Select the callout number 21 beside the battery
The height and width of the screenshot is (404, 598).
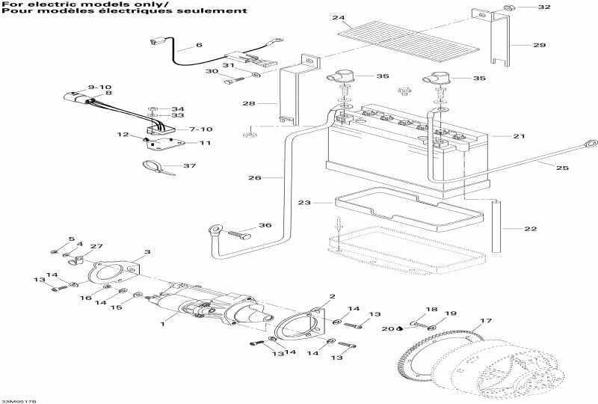pyautogui.click(x=519, y=137)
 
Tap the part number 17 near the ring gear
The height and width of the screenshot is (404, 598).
pyautogui.click(x=487, y=322)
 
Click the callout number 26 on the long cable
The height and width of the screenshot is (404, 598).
pyautogui.click(x=255, y=178)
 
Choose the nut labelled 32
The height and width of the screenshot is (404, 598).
pyautogui.click(x=508, y=8)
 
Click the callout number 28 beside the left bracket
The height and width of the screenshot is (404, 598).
pyautogui.click(x=249, y=102)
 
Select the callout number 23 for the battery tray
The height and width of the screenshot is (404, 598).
pyautogui.click(x=303, y=203)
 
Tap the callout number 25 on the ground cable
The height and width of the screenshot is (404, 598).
pyautogui.click(x=563, y=168)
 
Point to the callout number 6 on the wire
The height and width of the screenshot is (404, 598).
pyautogui.click(x=199, y=46)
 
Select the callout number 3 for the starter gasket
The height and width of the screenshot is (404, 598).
pyautogui.click(x=147, y=252)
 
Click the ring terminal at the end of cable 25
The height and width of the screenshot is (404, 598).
pyautogui.click(x=590, y=141)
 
